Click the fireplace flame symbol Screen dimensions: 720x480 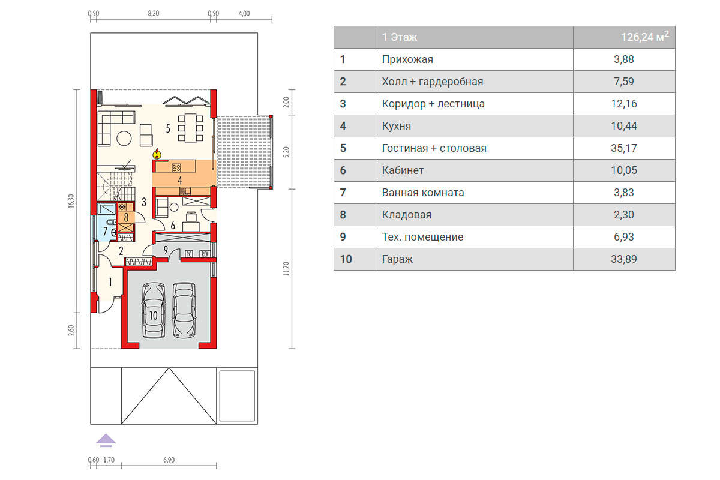[157, 154]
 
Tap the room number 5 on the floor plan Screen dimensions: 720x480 [168, 129]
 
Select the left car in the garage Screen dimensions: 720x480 [154, 310]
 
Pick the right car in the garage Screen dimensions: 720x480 [184, 310]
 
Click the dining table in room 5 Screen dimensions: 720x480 [190, 128]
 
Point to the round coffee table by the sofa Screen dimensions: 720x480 [124, 139]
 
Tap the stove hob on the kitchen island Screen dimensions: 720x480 [176, 167]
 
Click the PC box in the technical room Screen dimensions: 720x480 [188, 254]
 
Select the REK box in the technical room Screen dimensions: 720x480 [205, 254]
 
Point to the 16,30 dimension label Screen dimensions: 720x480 [71, 201]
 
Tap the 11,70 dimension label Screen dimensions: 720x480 [286, 268]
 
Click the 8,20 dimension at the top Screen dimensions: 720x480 [154, 14]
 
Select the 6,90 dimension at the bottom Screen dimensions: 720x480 [169, 460]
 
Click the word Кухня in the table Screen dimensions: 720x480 [397, 126]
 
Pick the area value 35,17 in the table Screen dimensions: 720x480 [623, 148]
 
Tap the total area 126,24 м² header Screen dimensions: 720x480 [644, 37]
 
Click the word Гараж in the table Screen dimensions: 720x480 [397, 259]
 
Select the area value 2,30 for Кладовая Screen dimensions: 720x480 [623, 214]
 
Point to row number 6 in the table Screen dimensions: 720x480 [343, 170]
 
